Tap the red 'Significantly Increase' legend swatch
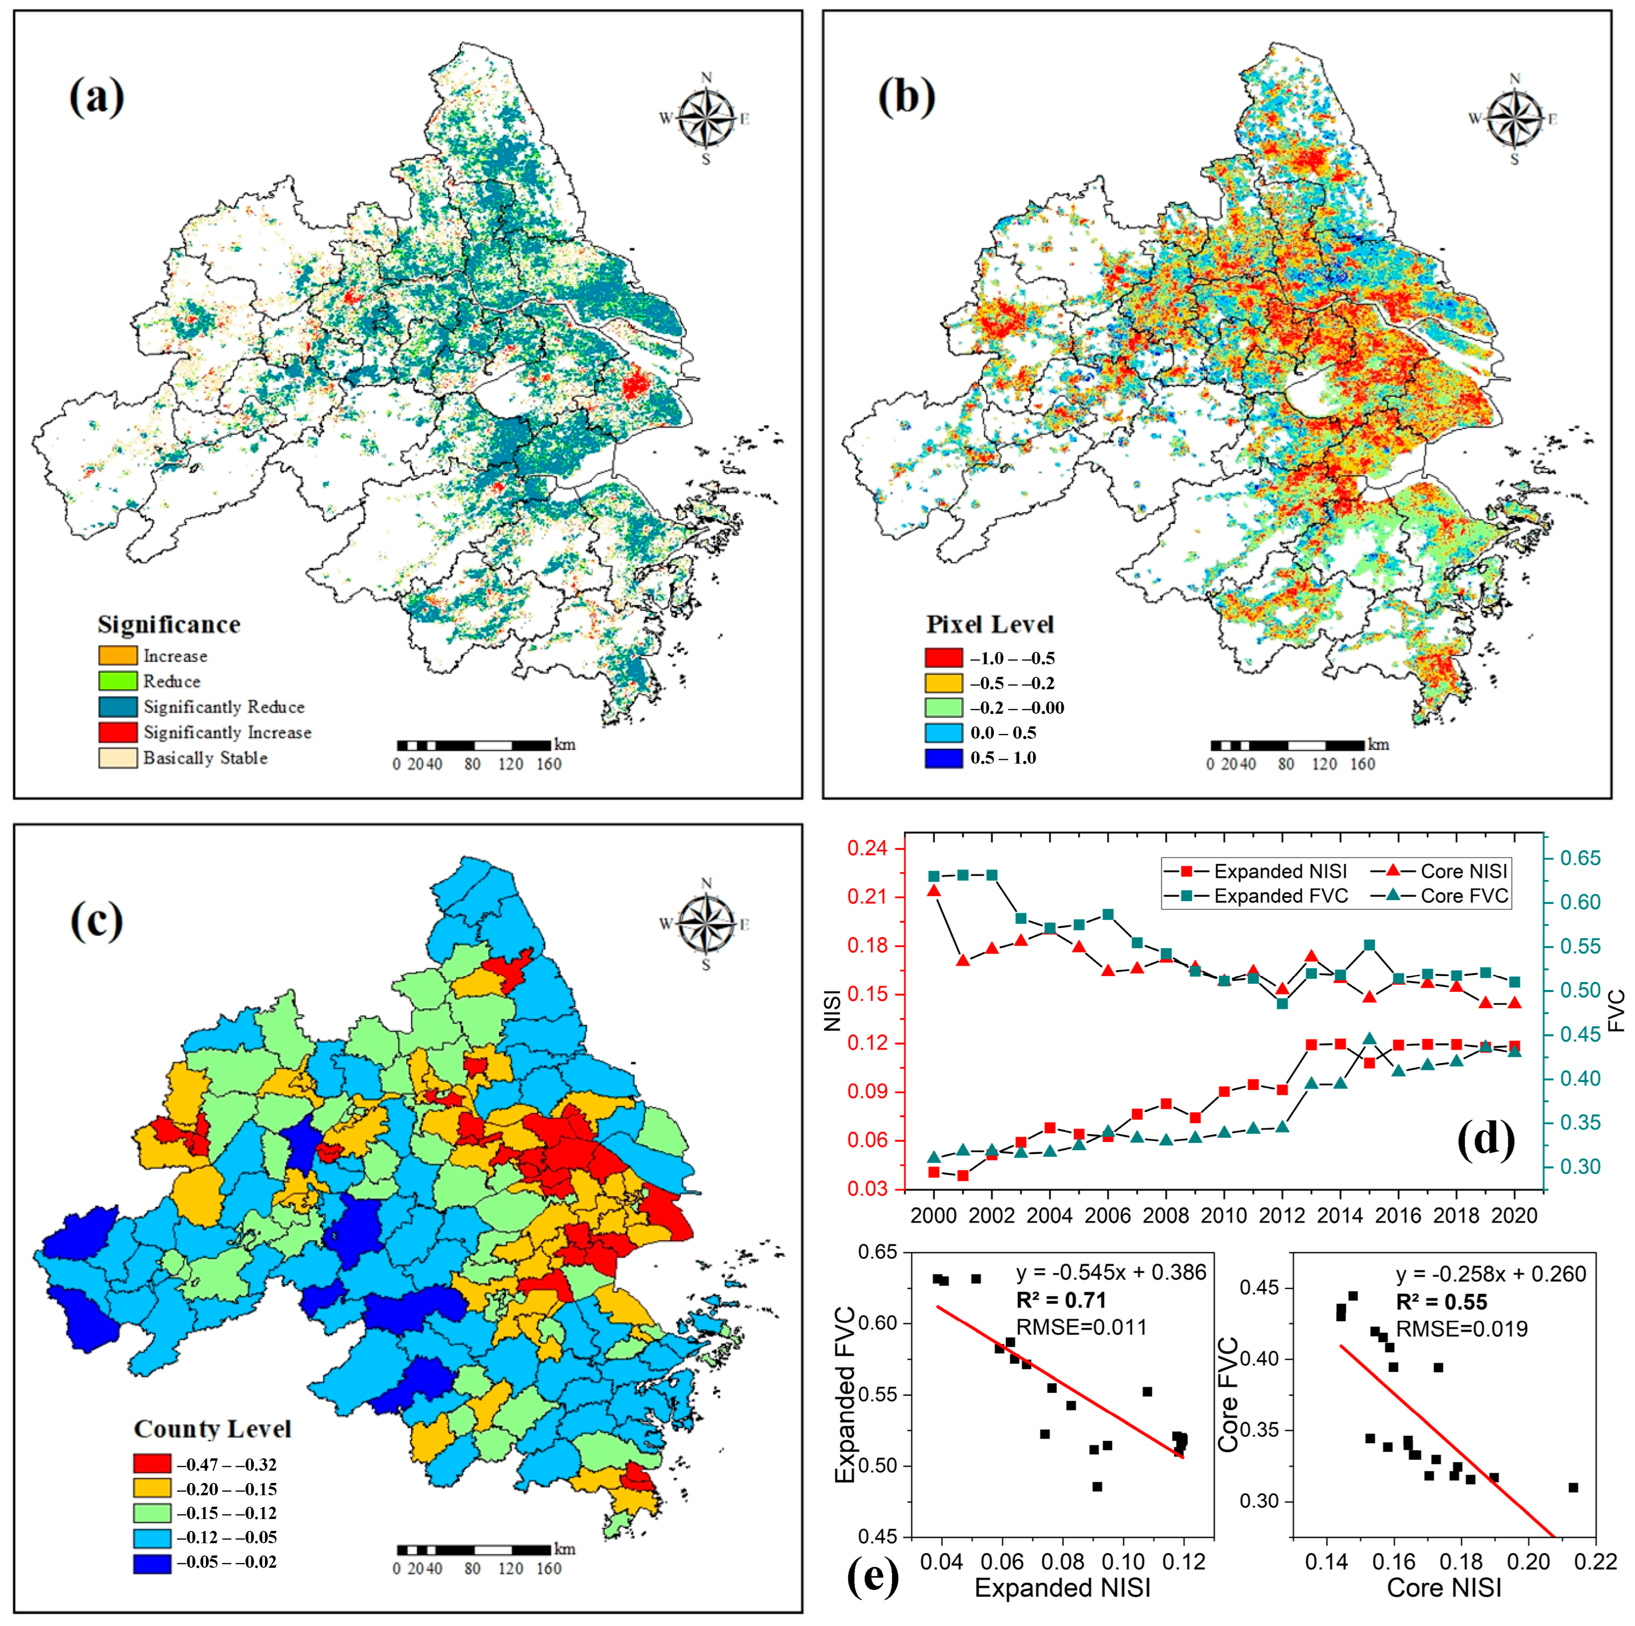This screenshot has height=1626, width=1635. [118, 732]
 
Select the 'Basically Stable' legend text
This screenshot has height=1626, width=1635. [205, 758]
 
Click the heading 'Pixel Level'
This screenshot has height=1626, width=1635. [989, 625]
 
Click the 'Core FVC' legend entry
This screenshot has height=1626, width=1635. [1464, 896]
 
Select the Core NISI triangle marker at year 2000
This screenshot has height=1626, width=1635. [933, 890]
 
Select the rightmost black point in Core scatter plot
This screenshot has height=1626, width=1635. [1573, 1487]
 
